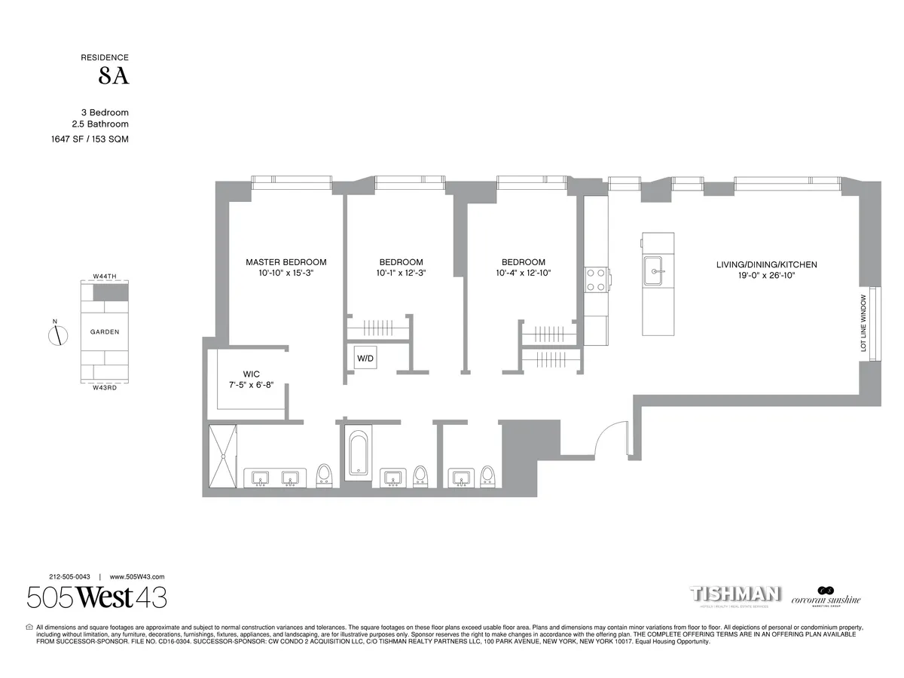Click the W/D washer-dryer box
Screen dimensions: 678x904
[365, 359]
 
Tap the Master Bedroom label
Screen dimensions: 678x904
[286, 262]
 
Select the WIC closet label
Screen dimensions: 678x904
[252, 374]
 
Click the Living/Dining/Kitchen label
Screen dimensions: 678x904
[766, 264]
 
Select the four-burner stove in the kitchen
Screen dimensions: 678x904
[597, 279]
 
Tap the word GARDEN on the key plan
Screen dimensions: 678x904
[105, 331]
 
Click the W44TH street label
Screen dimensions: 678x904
[105, 276]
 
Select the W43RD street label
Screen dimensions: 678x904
[105, 387]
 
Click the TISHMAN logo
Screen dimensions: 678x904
[734, 594]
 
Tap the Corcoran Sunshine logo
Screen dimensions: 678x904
[825, 597]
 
